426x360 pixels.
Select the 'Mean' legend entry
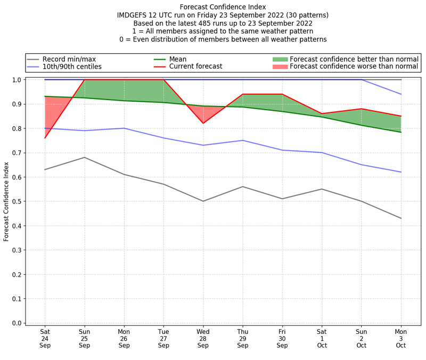179,59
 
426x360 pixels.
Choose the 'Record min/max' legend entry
69,59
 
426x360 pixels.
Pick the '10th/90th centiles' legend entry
72,67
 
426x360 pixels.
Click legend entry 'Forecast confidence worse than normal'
354,67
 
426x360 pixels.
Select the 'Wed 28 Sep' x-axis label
203,338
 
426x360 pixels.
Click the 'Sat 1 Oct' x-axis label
322,338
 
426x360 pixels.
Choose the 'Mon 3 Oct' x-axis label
400,338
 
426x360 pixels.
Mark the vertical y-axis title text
6,201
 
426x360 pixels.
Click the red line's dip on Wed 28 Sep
203,123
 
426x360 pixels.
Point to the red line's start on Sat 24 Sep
45,138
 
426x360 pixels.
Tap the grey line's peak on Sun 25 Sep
84,157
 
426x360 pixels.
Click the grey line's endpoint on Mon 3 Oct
400,218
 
